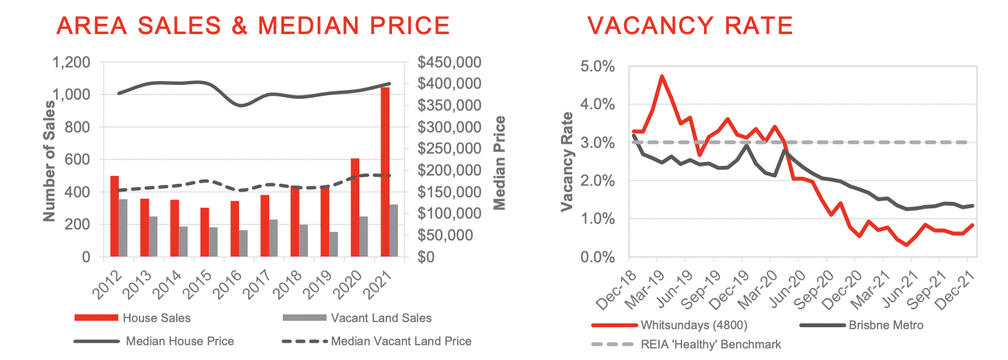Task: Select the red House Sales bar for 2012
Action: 114,217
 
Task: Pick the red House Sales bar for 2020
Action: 355,208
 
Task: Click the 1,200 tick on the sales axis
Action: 72,63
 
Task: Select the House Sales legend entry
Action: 156,318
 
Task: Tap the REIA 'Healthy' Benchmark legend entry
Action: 710,345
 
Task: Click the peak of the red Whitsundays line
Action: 661,76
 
